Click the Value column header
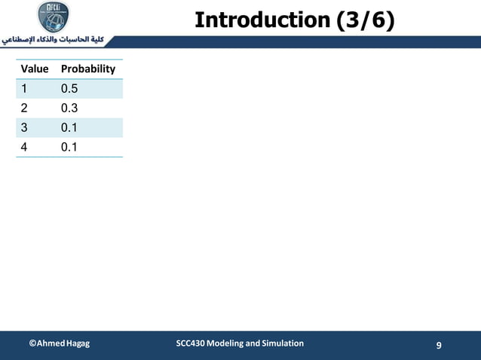point(34,69)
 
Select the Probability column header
point(88,69)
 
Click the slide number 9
point(439,345)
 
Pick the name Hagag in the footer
point(77,343)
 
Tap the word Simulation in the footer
point(280,343)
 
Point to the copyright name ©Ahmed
point(46,343)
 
